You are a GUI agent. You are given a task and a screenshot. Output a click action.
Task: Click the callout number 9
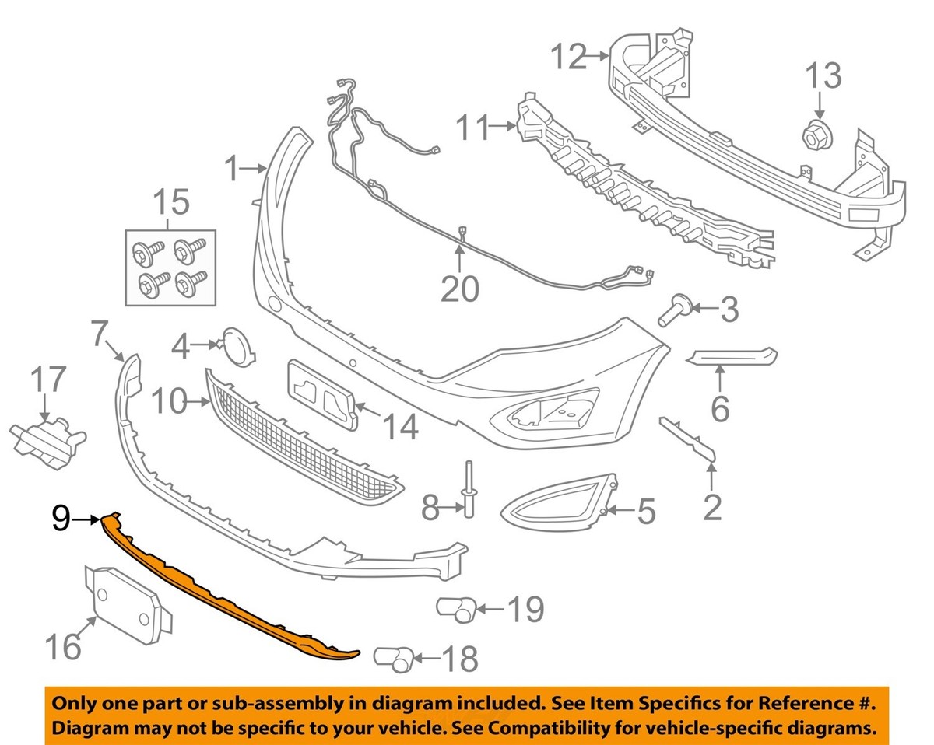[x=61, y=519]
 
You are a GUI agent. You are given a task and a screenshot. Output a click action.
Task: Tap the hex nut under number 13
[x=816, y=136]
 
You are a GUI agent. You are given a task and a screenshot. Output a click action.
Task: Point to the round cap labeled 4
[x=238, y=348]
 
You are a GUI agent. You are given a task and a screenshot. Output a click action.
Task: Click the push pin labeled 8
[x=469, y=490]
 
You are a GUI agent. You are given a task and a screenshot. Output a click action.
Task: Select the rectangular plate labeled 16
[x=128, y=607]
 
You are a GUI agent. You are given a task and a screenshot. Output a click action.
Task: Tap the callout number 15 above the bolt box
[x=171, y=201]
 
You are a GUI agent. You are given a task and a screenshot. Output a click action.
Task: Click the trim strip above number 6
[x=732, y=356]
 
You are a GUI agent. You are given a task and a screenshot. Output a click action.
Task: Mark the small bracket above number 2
[x=687, y=440]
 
